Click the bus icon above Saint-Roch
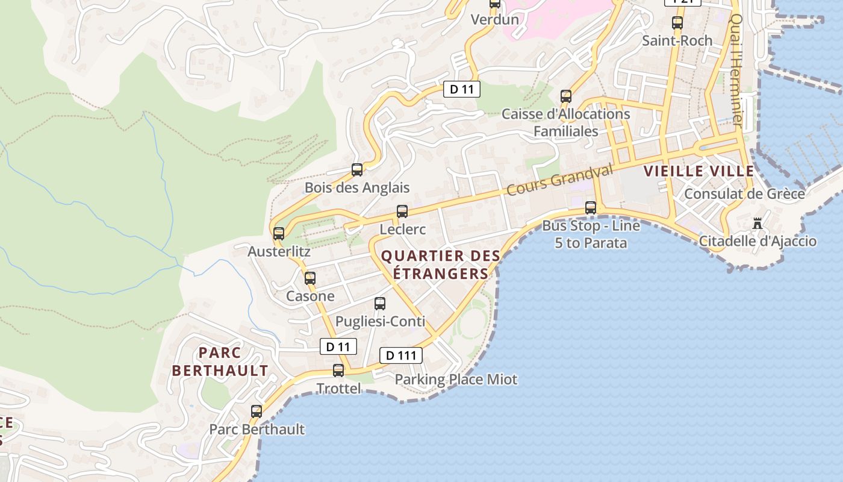pos(677,23)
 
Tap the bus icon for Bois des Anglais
pos(357,170)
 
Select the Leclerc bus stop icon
pos(402,211)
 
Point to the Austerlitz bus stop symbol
pos(279,233)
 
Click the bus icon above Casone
pos(310,278)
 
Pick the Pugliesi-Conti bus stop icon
pos(380,304)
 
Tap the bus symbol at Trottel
pos(338,371)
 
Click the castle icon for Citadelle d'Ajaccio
pos(757,224)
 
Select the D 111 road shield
pos(401,355)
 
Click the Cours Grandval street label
pos(559,179)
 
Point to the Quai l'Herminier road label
pos(736,69)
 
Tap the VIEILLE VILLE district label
pos(698,171)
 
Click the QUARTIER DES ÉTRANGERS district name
pos(441,264)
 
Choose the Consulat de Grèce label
pos(744,194)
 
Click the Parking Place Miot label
pos(456,380)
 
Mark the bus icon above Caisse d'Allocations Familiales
pos(565,96)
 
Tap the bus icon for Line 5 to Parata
pos(591,208)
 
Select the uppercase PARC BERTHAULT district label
pos(220,361)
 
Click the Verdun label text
pos(494,19)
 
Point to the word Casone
pos(310,296)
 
